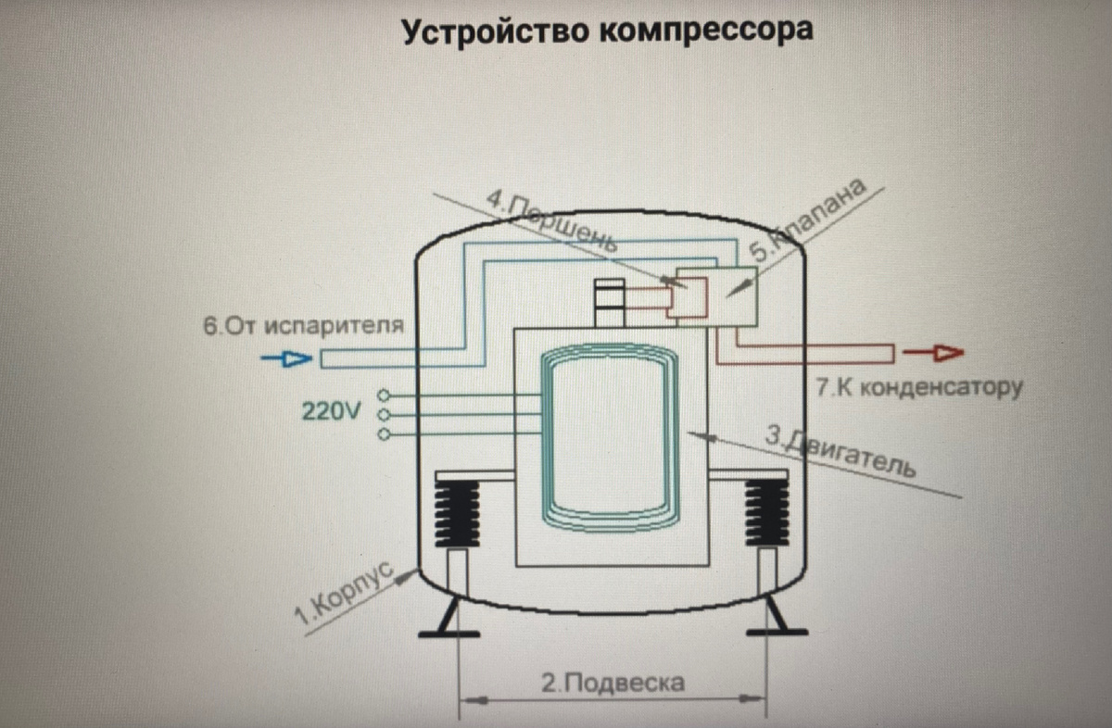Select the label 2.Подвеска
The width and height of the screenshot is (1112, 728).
pos(613,684)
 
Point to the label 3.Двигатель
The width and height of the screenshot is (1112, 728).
pos(842,451)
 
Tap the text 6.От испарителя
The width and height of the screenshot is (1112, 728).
pos(303,326)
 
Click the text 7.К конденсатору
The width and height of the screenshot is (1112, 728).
pos(919,386)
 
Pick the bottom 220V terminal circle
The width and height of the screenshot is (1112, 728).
pos(383,433)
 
